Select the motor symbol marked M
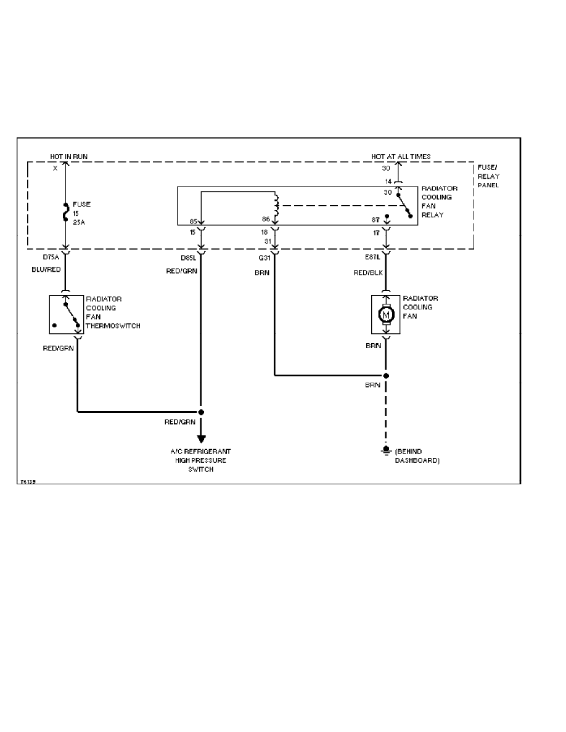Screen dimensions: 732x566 click(386, 315)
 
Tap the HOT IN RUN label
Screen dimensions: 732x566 click(68, 157)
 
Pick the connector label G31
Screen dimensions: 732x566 click(265, 257)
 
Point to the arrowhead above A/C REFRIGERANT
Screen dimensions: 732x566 click(201, 439)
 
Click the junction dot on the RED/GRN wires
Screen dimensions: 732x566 click(201, 411)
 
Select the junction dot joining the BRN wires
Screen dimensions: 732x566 click(386, 375)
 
